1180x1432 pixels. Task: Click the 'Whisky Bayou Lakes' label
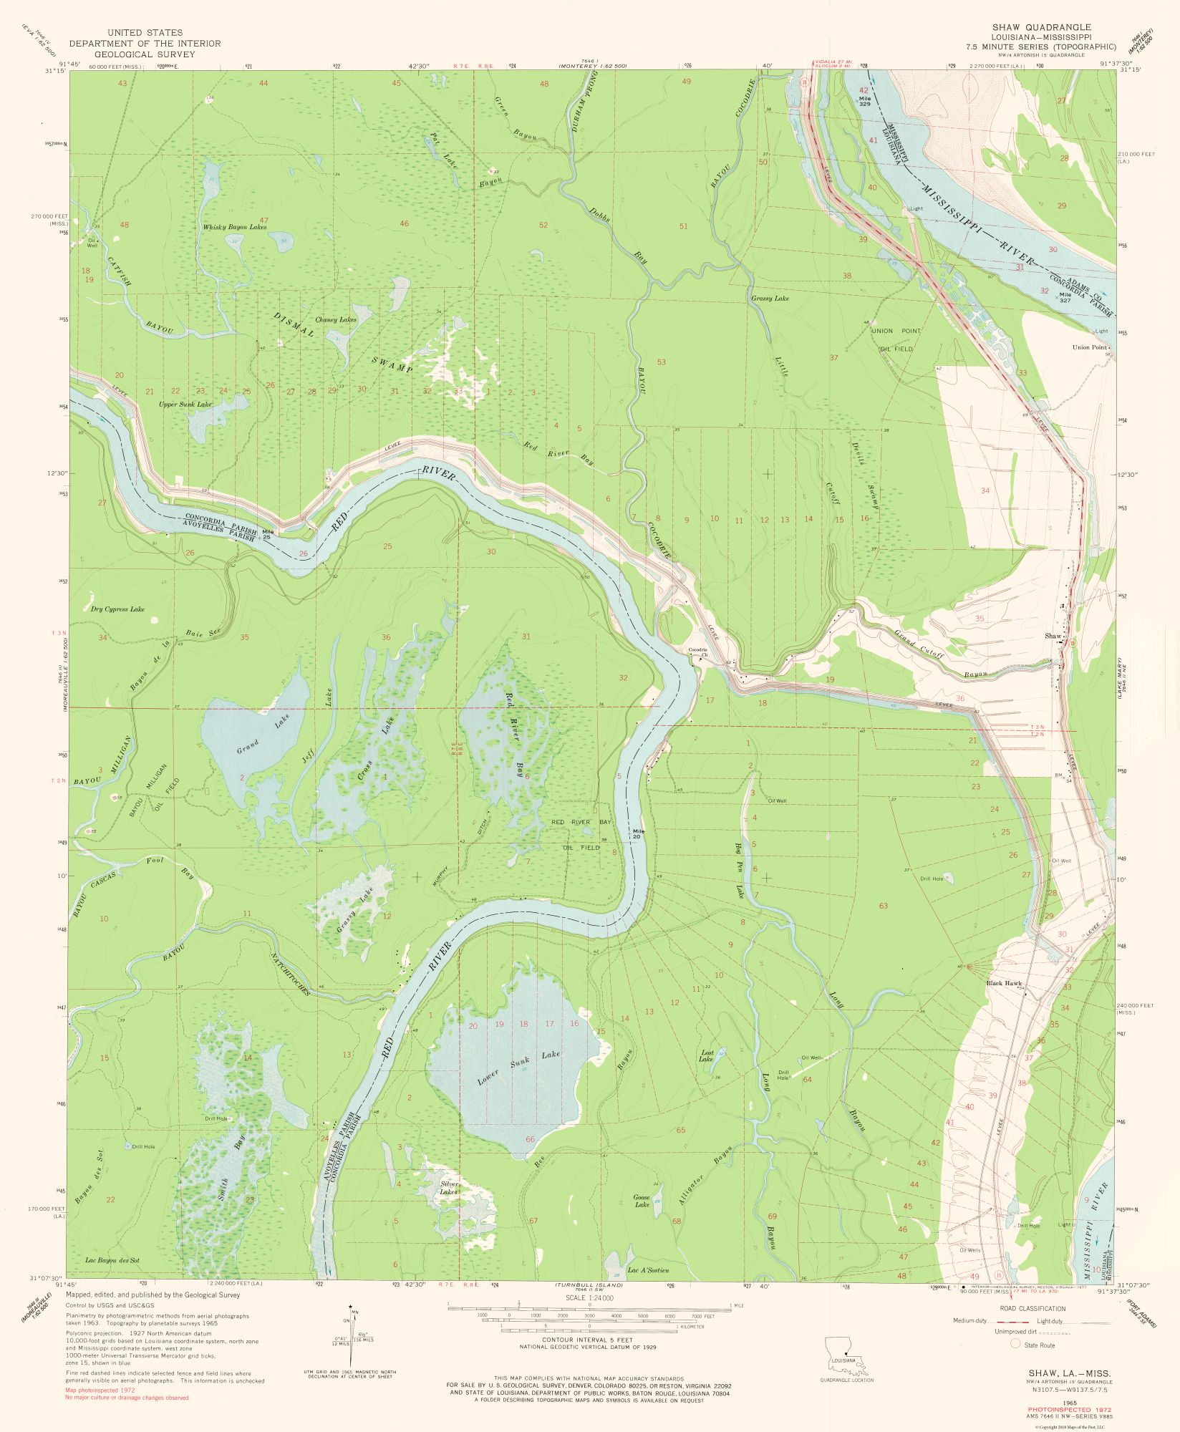(234, 227)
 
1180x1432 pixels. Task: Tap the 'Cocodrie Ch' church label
(697, 652)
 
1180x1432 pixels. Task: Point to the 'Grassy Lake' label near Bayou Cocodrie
(770, 298)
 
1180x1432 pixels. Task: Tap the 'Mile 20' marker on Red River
(637, 833)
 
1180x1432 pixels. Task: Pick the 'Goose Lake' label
(641, 1201)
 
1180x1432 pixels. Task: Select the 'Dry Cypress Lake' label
(117, 609)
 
